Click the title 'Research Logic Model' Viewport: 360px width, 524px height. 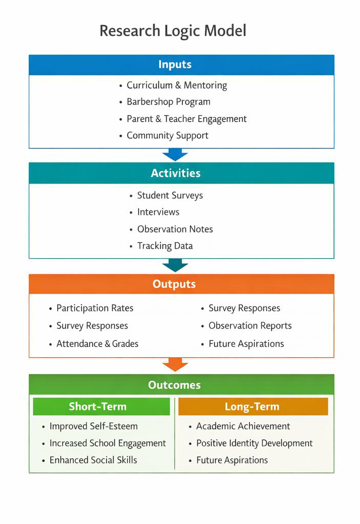point(173,31)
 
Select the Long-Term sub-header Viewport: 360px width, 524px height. point(252,407)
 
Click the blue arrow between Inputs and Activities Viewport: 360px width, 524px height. point(175,155)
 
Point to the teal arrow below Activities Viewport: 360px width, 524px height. point(175,266)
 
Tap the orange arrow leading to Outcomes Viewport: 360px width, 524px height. point(175,364)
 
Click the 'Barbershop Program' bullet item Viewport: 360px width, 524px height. point(168,102)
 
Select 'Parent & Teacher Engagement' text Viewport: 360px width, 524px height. point(186,119)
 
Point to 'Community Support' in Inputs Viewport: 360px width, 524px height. point(167,136)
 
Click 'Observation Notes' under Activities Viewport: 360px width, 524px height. point(175,229)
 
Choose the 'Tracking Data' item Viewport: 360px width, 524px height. point(165,246)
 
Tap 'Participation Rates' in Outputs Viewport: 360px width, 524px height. point(95,308)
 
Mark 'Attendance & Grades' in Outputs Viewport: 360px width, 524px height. point(97,344)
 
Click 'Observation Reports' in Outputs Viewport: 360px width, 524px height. point(250,326)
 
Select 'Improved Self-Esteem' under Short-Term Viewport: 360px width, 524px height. point(93,426)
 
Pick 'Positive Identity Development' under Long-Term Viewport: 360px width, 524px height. point(254,443)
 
